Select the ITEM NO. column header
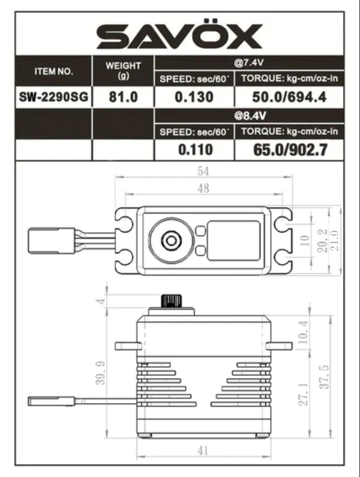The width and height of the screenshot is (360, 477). (54, 71)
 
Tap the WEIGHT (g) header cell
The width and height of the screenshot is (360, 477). (123, 71)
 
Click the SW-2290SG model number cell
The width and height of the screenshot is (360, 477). (54, 97)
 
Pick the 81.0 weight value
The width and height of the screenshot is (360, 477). (123, 97)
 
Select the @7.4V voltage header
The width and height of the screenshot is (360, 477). (249, 62)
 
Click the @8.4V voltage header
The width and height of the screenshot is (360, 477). (249, 114)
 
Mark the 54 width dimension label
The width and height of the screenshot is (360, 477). (203, 171)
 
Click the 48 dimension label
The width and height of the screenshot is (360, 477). (203, 188)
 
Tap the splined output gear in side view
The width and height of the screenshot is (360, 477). (172, 300)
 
